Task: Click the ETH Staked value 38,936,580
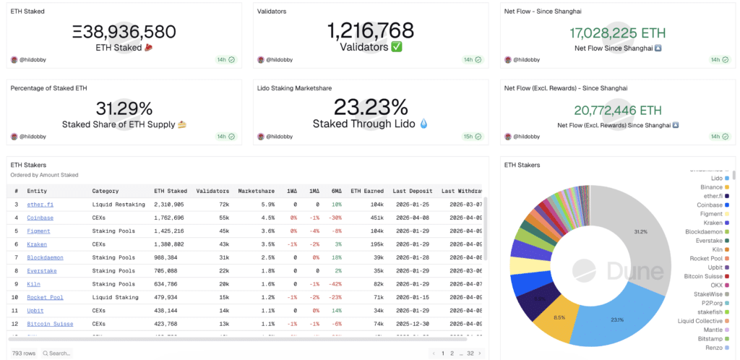pyautogui.click(x=124, y=32)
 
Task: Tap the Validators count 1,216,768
pyautogui.click(x=371, y=30)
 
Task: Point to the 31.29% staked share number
pyautogui.click(x=124, y=108)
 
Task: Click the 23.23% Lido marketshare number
pyautogui.click(x=371, y=108)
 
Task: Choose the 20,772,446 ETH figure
pyautogui.click(x=617, y=111)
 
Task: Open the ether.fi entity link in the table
pyautogui.click(x=40, y=205)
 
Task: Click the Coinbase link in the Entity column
pyautogui.click(x=40, y=218)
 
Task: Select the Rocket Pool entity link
pyautogui.click(x=45, y=297)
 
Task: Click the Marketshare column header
pyautogui.click(x=256, y=191)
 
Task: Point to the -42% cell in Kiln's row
pyautogui.click(x=334, y=284)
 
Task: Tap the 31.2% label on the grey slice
pyautogui.click(x=640, y=231)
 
